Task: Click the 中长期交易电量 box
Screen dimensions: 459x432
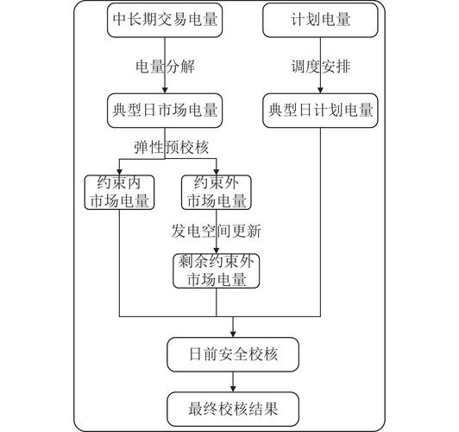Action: [165, 20]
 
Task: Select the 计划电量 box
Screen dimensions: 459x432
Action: [320, 20]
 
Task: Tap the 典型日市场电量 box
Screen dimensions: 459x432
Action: [165, 111]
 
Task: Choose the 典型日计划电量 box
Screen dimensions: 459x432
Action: [320, 111]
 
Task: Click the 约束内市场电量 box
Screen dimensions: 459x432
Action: [119, 193]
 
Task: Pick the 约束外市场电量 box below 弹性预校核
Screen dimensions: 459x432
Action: [217, 193]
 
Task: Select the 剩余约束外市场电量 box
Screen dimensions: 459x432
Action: [217, 270]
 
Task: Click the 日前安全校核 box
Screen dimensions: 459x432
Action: [233, 354]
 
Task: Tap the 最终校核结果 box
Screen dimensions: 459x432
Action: [233, 410]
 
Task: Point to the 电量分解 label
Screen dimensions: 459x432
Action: [165, 67]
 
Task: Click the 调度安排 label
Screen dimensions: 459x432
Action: [321, 67]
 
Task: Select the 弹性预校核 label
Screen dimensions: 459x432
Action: [171, 147]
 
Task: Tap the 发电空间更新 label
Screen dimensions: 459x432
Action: [216, 231]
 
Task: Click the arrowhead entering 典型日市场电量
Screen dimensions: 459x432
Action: [165, 90]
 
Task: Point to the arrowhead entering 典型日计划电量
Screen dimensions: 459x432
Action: [320, 90]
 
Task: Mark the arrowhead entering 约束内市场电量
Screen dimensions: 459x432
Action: [119, 172]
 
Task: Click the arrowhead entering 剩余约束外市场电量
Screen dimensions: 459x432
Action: [217, 251]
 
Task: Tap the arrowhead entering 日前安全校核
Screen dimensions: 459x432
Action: [233, 334]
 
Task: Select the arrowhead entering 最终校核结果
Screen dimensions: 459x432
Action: [233, 389]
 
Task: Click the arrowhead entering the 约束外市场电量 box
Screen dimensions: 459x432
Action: [217, 172]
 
